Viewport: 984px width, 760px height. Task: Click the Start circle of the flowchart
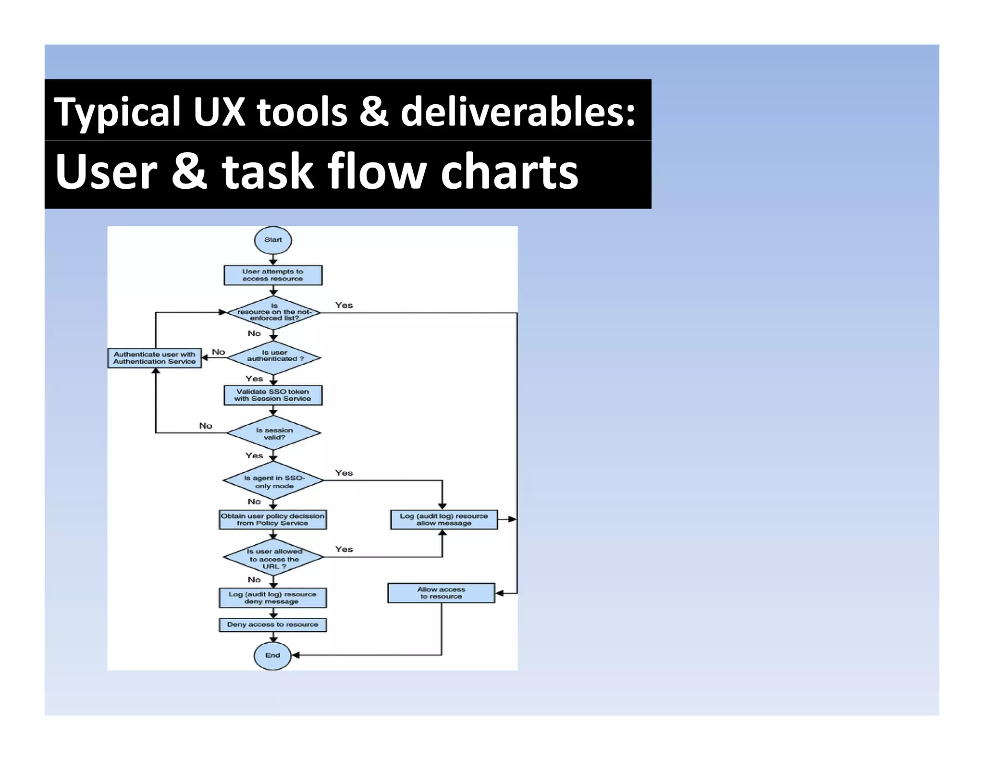coord(273,240)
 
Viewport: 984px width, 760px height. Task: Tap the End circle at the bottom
coord(272,655)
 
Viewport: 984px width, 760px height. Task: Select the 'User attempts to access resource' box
coord(273,275)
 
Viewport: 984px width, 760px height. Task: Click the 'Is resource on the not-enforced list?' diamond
coord(273,312)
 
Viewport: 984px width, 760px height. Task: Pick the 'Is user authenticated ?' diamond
coord(273,357)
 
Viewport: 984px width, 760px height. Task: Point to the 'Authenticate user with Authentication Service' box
coord(154,358)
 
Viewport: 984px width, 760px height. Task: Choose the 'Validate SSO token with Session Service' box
coord(273,395)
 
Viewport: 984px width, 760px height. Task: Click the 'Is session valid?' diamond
coord(273,433)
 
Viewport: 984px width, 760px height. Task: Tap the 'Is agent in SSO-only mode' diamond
coord(273,481)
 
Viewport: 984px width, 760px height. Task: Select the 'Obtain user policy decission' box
coord(272,520)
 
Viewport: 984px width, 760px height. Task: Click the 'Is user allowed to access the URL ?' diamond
coord(273,558)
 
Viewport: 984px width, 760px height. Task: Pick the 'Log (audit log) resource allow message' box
coord(444,520)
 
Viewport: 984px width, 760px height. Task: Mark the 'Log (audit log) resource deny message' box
coord(272,598)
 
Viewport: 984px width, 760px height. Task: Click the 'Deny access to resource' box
coord(272,625)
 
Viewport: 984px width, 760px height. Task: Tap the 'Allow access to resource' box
coord(441,593)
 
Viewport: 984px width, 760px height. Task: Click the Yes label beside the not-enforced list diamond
coord(344,306)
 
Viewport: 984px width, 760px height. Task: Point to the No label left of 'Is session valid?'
coord(206,426)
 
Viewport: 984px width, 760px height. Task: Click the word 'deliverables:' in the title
coord(518,111)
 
